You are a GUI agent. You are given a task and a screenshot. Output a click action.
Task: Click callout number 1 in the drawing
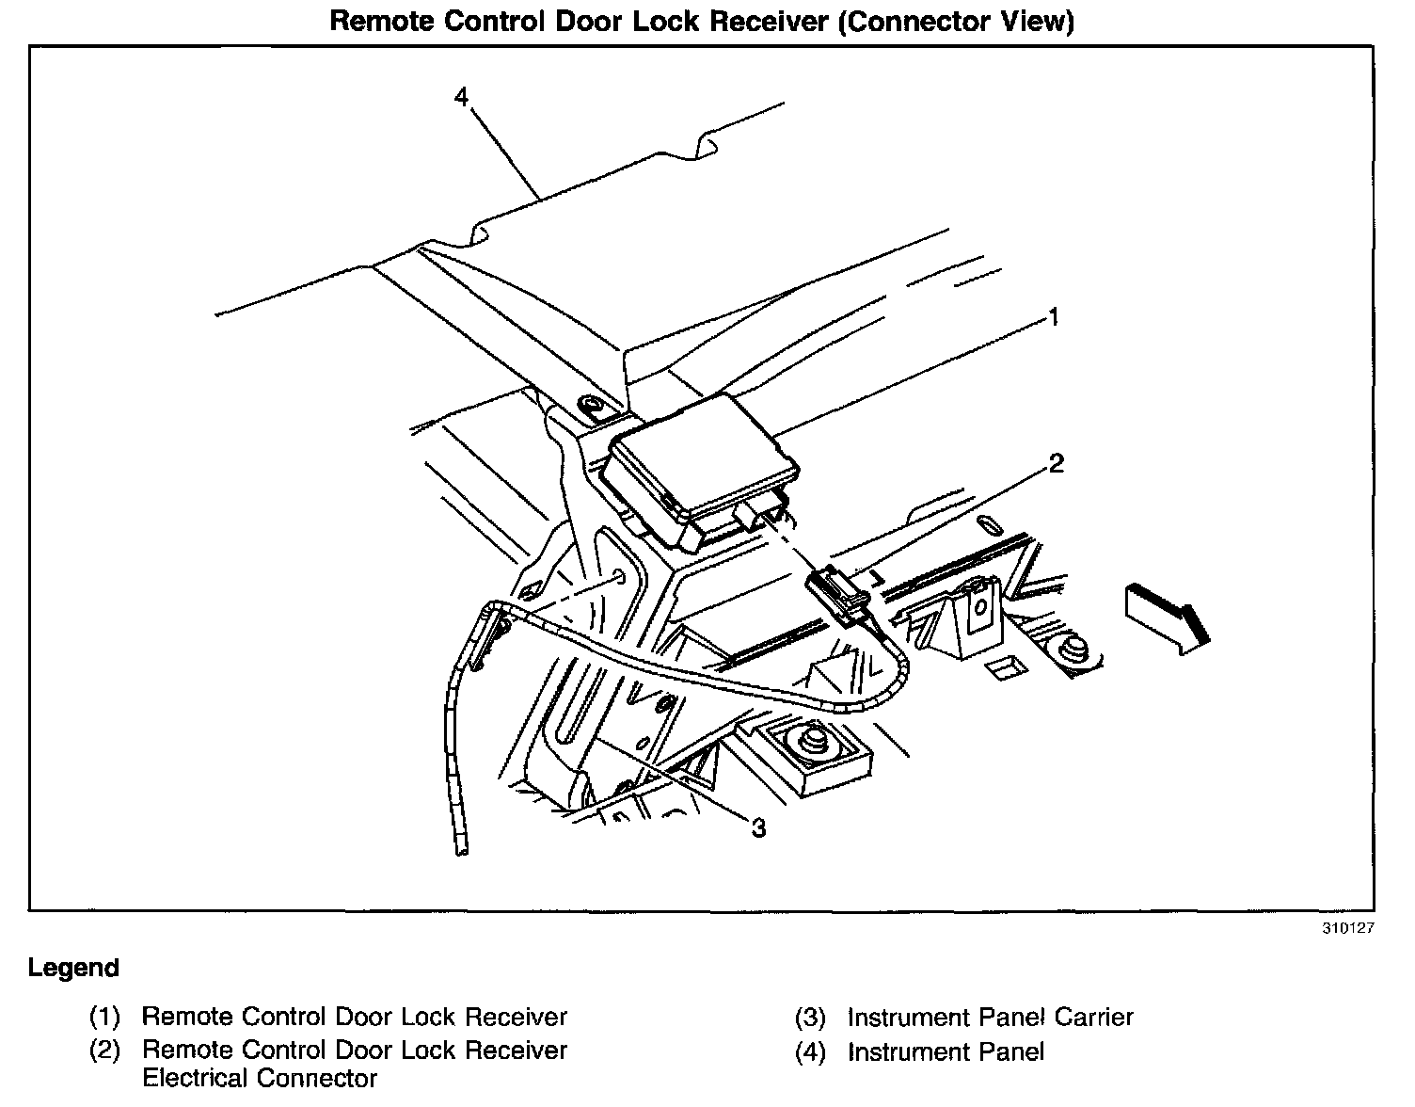tap(1055, 317)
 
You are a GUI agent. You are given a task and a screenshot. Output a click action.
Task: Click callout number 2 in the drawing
tap(1056, 463)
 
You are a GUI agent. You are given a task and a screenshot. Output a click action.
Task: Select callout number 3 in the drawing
tap(758, 827)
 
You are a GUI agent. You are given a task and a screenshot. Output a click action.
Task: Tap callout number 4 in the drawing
tap(461, 97)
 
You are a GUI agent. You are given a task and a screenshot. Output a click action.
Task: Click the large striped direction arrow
tap(1166, 616)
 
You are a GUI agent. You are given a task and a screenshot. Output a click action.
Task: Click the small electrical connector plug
tap(837, 593)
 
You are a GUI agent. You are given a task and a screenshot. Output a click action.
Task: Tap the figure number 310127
tap(1348, 927)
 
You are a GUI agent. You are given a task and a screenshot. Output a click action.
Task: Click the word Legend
tap(73, 968)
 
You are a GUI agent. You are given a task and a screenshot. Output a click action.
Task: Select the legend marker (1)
tap(105, 1017)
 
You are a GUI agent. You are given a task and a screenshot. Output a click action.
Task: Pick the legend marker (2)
tap(105, 1051)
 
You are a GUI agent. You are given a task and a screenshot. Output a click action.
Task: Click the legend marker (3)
tap(810, 1018)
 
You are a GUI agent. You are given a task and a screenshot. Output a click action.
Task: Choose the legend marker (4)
tap(810, 1051)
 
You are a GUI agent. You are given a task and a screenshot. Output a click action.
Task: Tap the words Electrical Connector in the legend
tap(260, 1079)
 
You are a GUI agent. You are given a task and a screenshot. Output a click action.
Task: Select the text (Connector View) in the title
tap(955, 22)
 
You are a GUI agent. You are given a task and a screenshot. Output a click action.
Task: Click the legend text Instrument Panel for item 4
tap(946, 1051)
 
